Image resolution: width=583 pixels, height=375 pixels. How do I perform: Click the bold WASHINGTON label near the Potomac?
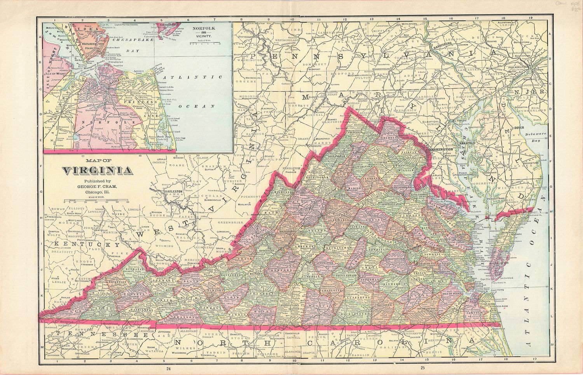440,149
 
